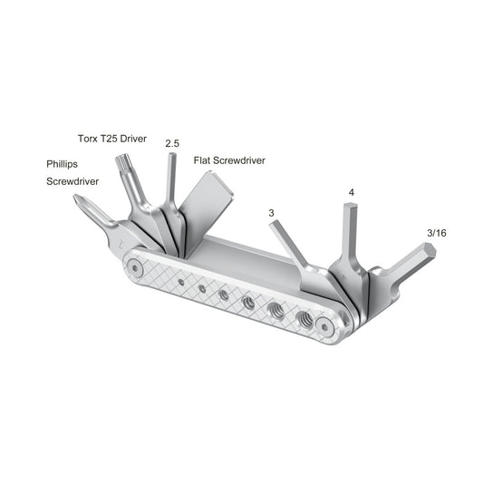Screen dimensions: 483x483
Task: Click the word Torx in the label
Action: click(x=88, y=139)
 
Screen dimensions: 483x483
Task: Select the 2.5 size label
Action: click(x=172, y=143)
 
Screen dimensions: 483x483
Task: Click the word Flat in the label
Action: click(x=203, y=160)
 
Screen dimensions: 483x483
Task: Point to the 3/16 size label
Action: click(x=435, y=233)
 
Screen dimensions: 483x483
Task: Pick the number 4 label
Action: click(x=350, y=193)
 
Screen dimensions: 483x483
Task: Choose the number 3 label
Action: click(x=271, y=212)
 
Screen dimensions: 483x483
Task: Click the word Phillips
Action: click(x=65, y=165)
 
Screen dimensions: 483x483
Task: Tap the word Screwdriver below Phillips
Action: click(x=72, y=181)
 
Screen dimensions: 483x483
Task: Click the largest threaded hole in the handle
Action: click(x=304, y=318)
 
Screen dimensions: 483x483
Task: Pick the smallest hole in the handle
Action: click(x=181, y=283)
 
